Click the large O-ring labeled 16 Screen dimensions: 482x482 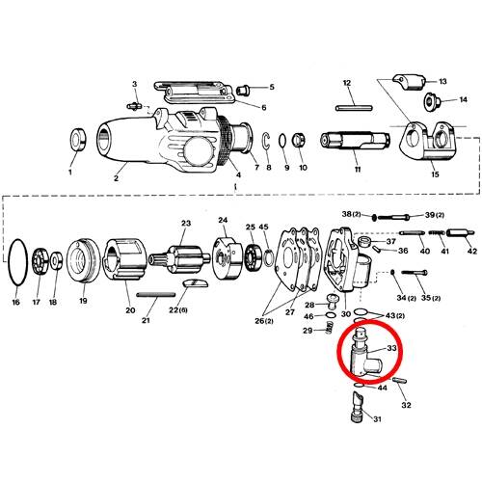pos(10,262)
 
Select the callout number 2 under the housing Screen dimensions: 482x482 pos(116,178)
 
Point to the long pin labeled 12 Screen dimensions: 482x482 pos(354,108)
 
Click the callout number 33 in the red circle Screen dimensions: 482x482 pos(391,348)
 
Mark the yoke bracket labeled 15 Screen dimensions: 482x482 pos(429,142)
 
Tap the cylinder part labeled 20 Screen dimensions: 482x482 pos(124,259)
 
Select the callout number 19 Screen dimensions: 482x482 pos(83,301)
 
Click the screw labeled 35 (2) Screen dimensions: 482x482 pos(415,273)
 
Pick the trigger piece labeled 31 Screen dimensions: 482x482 pos(357,407)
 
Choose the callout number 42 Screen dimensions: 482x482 pos(471,251)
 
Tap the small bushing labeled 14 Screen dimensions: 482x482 pos(432,101)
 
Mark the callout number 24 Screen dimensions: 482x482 pos(223,220)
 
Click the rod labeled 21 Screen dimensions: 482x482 pos(156,294)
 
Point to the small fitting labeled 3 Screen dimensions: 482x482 pos(135,106)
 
